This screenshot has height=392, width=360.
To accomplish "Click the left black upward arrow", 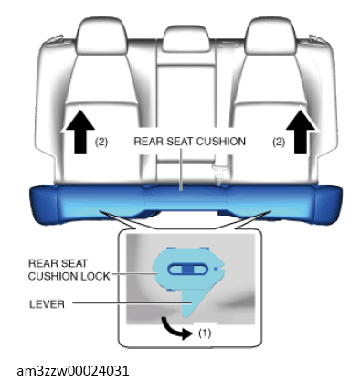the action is (x=80, y=132).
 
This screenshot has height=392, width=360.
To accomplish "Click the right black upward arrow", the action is (x=301, y=132).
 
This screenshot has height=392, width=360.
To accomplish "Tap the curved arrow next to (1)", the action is (x=175, y=329).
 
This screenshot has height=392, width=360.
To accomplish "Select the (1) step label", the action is (x=205, y=333).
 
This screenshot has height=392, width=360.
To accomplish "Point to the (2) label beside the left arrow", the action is (x=101, y=142).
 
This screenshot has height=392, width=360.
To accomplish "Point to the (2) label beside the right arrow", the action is (x=279, y=142).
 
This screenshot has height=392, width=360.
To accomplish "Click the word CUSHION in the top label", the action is (x=221, y=142).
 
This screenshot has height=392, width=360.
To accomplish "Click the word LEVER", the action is (x=47, y=304).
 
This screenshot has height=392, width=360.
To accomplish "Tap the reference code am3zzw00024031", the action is (x=73, y=371).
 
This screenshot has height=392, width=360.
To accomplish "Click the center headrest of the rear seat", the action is (x=186, y=38).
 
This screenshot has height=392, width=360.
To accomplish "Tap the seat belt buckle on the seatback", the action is (x=220, y=171).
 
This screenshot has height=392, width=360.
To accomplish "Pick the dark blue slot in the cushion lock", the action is (x=188, y=270).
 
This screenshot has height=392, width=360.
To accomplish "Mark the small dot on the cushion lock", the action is (x=216, y=270).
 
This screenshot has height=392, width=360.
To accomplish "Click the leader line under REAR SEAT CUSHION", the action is (x=181, y=170).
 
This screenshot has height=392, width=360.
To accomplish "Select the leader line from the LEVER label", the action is (x=132, y=303).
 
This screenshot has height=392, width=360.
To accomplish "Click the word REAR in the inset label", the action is (x=41, y=263).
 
